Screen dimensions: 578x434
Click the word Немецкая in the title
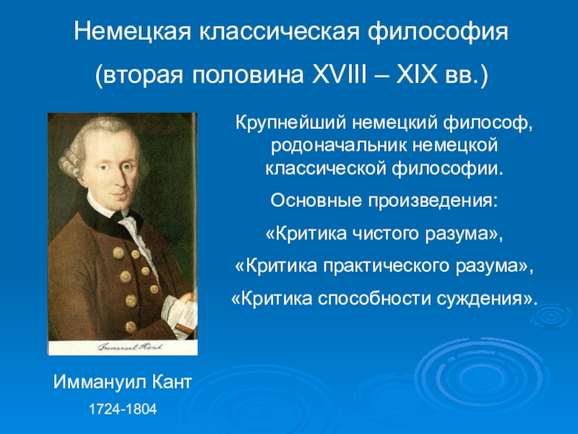tap(133, 31)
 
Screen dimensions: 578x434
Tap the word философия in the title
tap(438, 33)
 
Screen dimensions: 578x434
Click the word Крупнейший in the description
tap(291, 123)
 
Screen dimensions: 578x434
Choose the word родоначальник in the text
tap(339, 146)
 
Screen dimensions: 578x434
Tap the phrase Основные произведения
tap(384, 202)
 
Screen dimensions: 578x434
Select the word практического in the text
tap(387, 266)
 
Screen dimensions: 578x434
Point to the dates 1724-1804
tap(123, 409)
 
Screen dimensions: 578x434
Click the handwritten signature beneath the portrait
tap(130, 347)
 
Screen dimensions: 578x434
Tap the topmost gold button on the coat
tap(118, 252)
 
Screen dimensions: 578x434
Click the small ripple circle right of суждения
tap(551, 316)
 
